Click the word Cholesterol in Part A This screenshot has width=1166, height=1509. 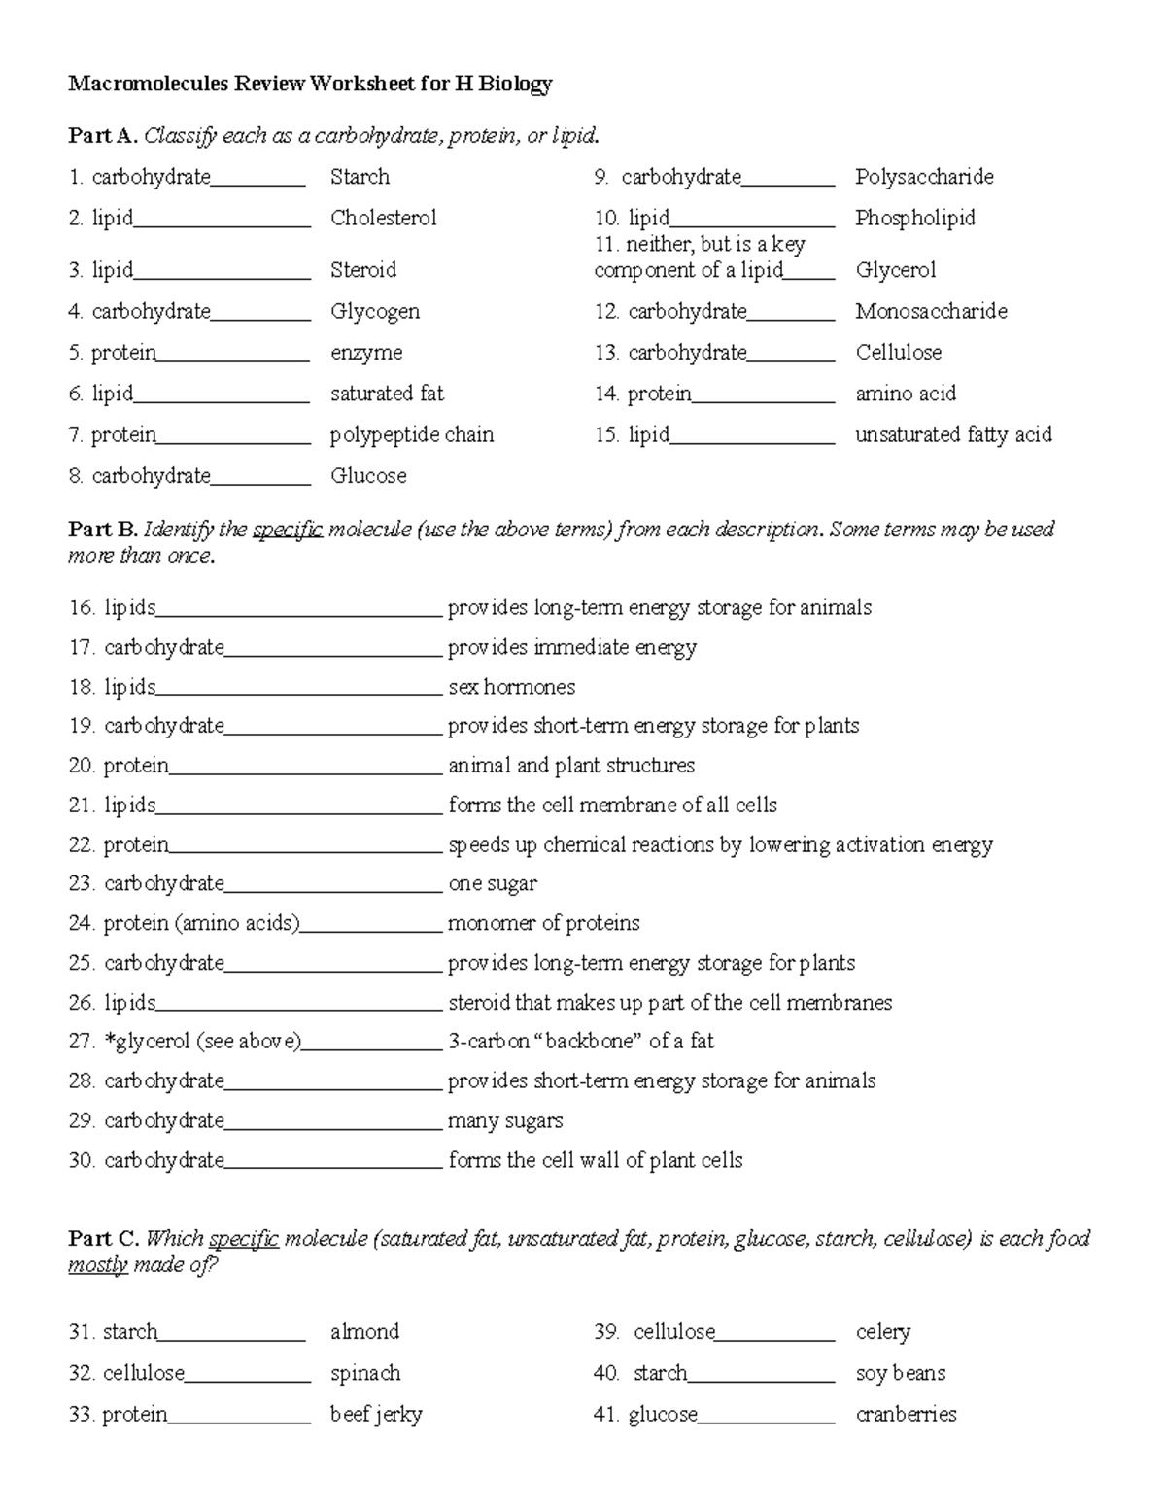383,218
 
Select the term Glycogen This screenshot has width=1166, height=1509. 375,311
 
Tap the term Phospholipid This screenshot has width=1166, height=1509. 914,218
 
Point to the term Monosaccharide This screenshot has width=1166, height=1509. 931,311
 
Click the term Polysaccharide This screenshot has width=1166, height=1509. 924,177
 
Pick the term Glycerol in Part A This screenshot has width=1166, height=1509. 895,270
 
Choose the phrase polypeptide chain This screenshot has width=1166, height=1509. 412,434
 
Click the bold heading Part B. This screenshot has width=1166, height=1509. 102,530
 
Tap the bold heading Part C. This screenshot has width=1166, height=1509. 103,1239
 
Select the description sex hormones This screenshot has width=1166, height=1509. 511,687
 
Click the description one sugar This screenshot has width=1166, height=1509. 492,884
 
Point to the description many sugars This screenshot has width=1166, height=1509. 504,1121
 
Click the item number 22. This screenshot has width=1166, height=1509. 81,845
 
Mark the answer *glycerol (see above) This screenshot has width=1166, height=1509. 203,1042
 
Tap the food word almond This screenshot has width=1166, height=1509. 364,1332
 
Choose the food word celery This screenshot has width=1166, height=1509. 882,1332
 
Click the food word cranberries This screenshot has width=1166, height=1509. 906,1415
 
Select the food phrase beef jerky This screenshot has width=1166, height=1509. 376,1415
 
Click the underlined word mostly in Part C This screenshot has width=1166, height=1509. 97,1265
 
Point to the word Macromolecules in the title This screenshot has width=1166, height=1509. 148,85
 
